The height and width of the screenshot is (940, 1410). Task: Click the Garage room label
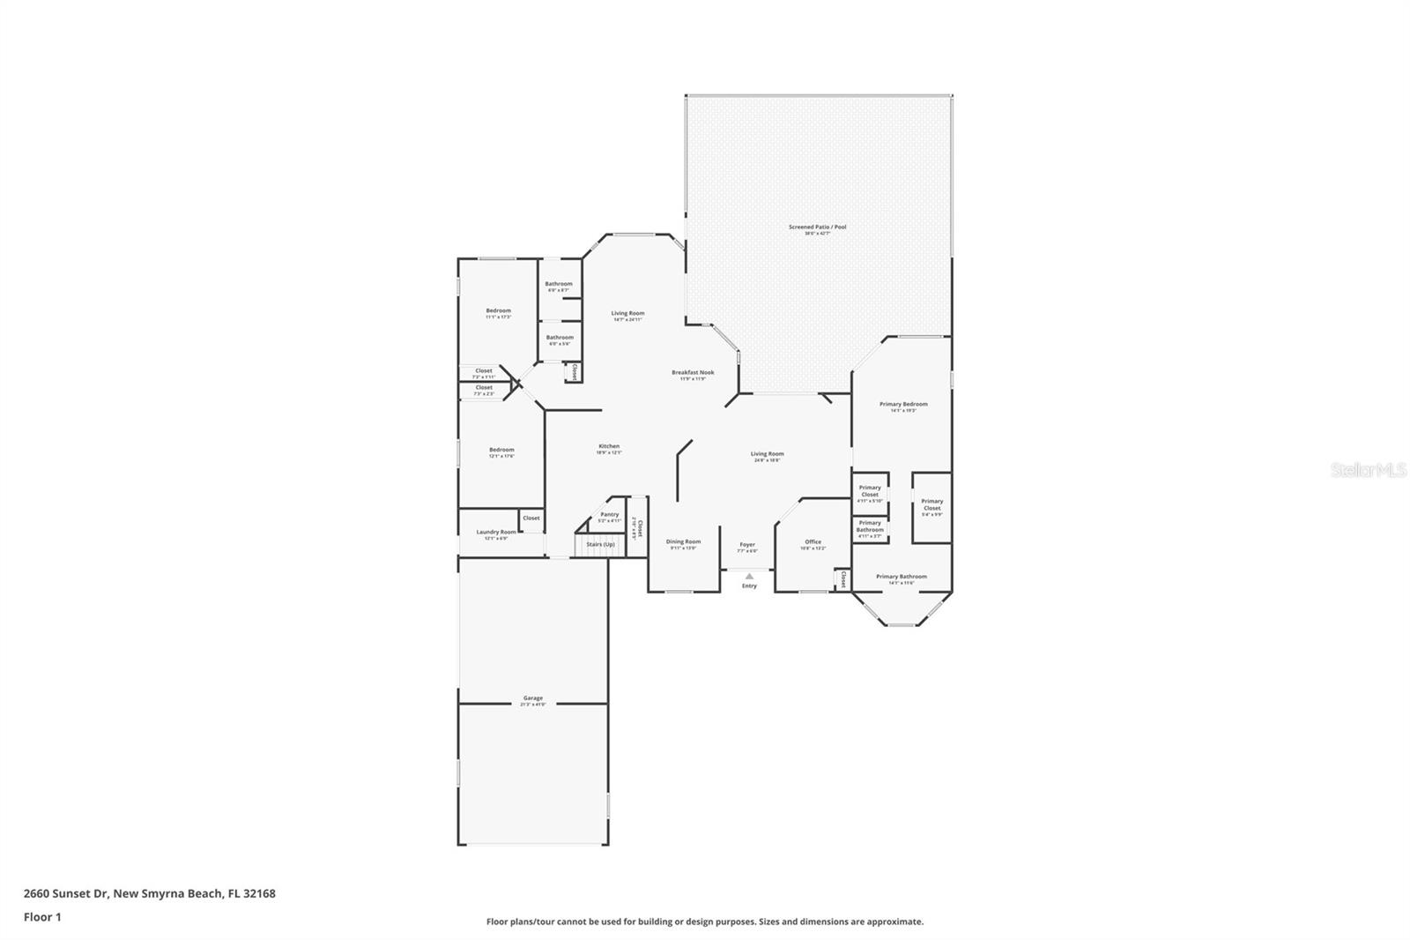click(x=532, y=698)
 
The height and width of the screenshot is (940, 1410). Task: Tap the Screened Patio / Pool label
click(x=817, y=228)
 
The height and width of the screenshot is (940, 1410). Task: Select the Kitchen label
click(x=609, y=447)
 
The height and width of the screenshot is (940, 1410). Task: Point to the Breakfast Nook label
click(x=693, y=373)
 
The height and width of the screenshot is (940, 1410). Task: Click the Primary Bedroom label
click(x=903, y=405)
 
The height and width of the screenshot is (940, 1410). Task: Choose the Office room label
click(x=813, y=542)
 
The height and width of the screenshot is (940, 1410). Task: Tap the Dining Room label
click(x=683, y=542)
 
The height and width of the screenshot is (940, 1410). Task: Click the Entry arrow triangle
click(x=749, y=576)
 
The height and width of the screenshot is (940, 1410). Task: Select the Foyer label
click(x=747, y=545)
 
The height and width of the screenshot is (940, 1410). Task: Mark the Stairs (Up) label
click(x=600, y=544)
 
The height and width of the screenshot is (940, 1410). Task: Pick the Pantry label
click(x=610, y=515)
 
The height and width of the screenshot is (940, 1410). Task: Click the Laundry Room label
click(x=496, y=533)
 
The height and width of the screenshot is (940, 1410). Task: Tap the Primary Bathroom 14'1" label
click(x=901, y=577)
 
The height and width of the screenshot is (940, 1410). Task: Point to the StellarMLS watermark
click(x=1368, y=471)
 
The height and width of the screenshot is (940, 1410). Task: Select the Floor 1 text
click(x=42, y=917)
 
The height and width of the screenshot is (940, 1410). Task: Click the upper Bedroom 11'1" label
click(x=498, y=311)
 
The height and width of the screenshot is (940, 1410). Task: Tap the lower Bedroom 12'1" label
click(x=501, y=451)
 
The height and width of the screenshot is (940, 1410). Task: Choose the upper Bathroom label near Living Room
click(x=559, y=285)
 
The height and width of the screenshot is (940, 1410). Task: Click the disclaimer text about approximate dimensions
click(x=705, y=921)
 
